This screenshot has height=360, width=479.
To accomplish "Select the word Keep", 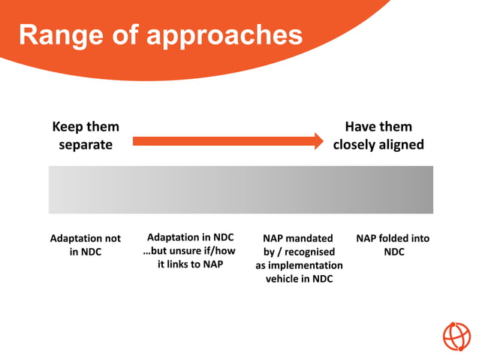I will click(68, 127).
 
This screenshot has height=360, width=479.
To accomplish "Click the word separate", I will click(86, 144).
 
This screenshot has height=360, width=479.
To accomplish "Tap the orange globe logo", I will click(456, 336).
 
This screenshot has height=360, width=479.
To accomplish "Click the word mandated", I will click(309, 238).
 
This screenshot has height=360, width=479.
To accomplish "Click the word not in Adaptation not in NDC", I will click(111, 238).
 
